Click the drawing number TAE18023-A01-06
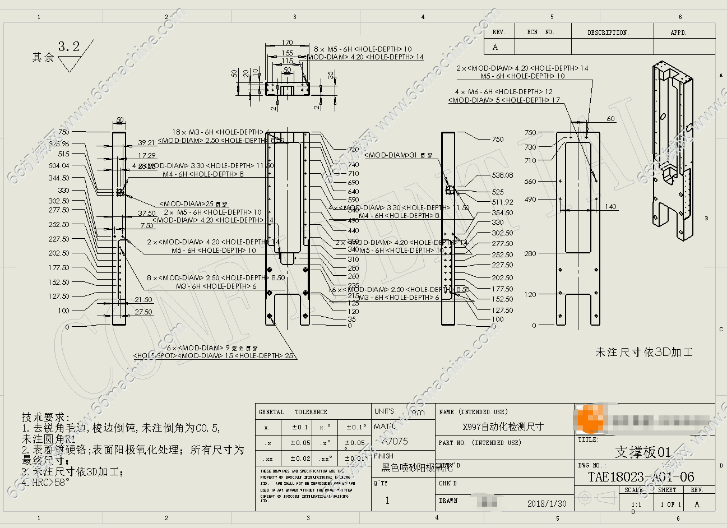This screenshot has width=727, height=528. pyautogui.click(x=640, y=477)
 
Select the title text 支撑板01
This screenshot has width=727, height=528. pyautogui.click(x=643, y=452)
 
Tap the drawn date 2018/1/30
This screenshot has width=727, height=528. pyautogui.click(x=547, y=503)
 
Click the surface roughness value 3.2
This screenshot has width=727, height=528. pyautogui.click(x=69, y=47)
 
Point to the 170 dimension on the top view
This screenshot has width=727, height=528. pyautogui.click(x=287, y=43)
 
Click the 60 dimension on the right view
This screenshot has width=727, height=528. pyautogui.click(x=610, y=118)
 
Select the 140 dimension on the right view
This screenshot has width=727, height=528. pyautogui.click(x=610, y=207)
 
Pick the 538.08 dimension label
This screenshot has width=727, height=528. pyautogui.click(x=502, y=175)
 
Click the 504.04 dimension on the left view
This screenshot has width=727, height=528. pyautogui.click(x=59, y=166)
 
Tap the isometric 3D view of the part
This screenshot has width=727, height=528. pyautogui.click(x=673, y=151)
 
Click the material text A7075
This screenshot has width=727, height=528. pyautogui.click(x=395, y=441)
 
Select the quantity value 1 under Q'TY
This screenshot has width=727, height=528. pyautogui.click(x=387, y=501)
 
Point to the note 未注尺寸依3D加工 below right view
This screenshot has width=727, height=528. pyautogui.click(x=644, y=353)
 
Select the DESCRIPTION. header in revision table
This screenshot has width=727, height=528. pyautogui.click(x=608, y=33)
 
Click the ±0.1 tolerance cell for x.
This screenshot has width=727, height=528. pyautogui.click(x=300, y=427)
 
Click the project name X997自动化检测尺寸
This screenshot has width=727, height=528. pyautogui.click(x=503, y=427)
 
